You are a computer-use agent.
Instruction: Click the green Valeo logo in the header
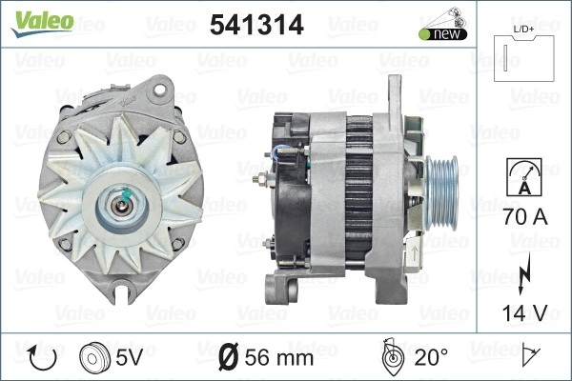42,23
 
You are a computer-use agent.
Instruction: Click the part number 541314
256,25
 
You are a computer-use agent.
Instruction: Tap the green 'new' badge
443,34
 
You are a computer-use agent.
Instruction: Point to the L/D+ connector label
523,30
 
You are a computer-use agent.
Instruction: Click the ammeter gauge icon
524,177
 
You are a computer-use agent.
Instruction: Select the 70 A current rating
525,216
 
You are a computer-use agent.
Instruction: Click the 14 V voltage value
524,312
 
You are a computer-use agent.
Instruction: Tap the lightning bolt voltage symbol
523,273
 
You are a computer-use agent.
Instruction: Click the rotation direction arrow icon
42,358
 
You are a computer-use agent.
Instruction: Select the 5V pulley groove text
129,356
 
